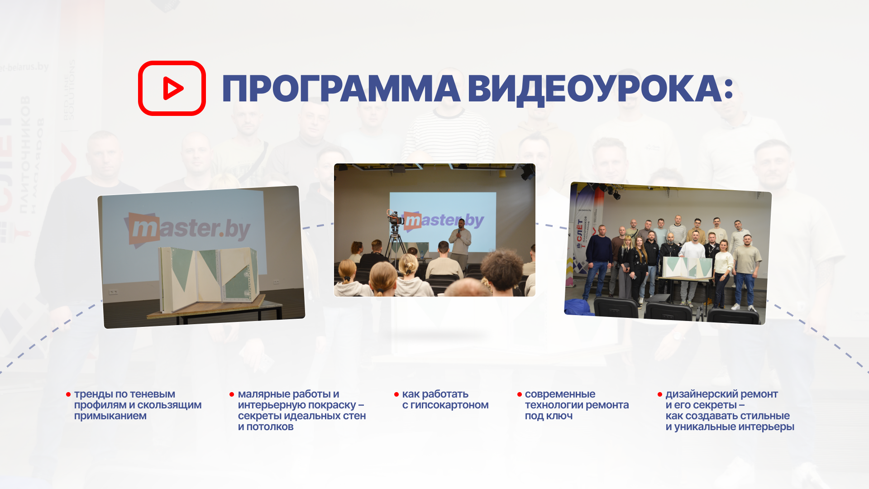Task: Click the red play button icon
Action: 172,88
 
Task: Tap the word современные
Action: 560,394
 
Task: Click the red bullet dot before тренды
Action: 68,395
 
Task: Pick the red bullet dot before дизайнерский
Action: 660,395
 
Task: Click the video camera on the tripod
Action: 395,219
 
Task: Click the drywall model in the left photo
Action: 209,276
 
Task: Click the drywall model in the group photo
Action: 687,267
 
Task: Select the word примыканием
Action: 110,416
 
